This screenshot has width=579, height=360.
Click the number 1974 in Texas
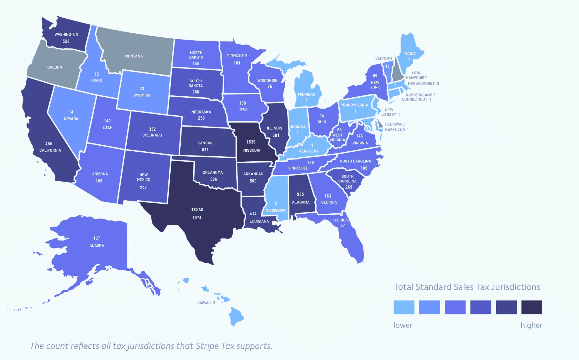click(x=197, y=218)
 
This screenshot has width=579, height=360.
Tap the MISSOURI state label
click(x=252, y=150)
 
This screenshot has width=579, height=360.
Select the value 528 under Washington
click(x=66, y=41)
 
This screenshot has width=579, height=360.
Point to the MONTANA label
click(x=134, y=56)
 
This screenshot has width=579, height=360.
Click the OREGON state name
click(x=55, y=67)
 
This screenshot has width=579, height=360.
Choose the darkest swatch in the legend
click(x=532, y=307)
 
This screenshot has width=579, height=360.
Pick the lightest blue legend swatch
click(x=404, y=307)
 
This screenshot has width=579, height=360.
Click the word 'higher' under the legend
click(x=531, y=325)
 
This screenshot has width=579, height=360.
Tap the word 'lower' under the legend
click(x=403, y=325)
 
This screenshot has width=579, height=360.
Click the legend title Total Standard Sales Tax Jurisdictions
click(x=467, y=287)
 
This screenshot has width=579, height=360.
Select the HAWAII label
click(x=204, y=303)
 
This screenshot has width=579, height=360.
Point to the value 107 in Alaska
click(x=97, y=238)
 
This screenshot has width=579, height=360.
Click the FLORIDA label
click(x=340, y=220)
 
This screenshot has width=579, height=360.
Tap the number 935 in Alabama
click(x=300, y=194)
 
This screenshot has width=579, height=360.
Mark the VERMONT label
click(x=384, y=58)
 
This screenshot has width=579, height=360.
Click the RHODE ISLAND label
click(x=419, y=95)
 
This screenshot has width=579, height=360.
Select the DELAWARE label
click(x=395, y=124)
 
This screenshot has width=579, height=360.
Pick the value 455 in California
click(x=49, y=144)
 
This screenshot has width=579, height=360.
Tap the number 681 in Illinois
click(x=276, y=135)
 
